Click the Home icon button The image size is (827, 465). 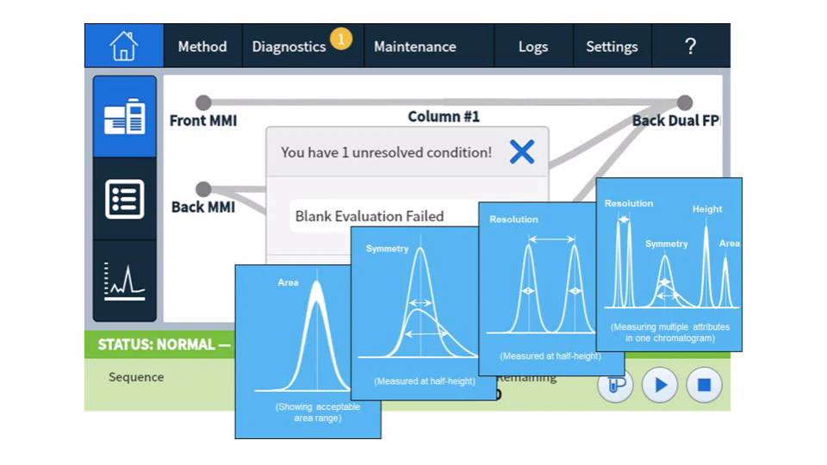pos(124,46)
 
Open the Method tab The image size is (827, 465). pos(202,46)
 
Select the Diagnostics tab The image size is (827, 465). pos(289,46)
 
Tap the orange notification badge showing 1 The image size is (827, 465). pos(341,39)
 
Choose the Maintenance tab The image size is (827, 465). pos(414,46)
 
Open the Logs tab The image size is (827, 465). pos(533,46)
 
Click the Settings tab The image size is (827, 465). pos(612,46)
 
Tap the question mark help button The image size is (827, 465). pos(690,46)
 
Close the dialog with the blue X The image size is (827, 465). pos(522,152)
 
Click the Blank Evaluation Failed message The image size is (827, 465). pos(370,216)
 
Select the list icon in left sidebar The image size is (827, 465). pos(125,199)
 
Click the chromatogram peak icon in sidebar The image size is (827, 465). pos(125,282)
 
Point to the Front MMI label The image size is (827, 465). pos(203,121)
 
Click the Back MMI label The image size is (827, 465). pos(203,207)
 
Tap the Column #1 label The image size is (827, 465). pos(444,116)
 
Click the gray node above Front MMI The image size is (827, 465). pos(203,103)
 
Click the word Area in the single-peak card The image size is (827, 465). pos(288,282)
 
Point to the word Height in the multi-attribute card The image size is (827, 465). pos(707,209)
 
